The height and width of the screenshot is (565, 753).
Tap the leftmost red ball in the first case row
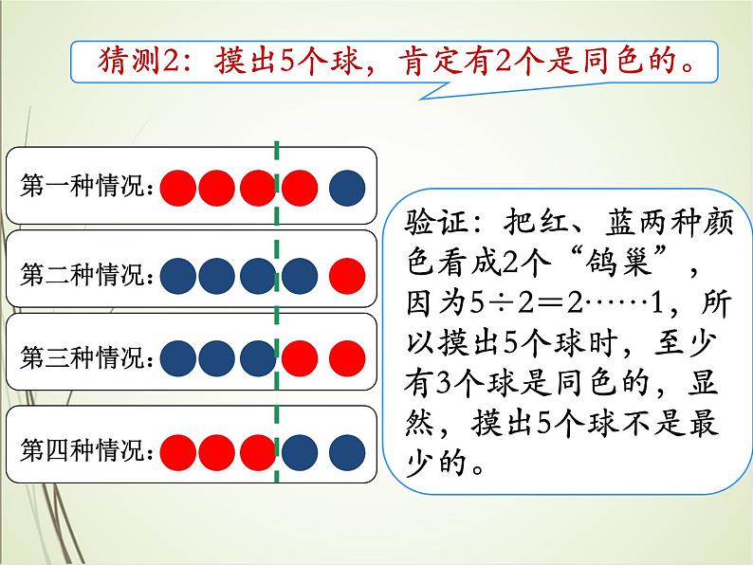pyautogui.click(x=177, y=188)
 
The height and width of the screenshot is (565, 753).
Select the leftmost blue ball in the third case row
pyautogui.click(x=177, y=359)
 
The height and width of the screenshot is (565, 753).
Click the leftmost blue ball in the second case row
pyautogui.click(x=177, y=275)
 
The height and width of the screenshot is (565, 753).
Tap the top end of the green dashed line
pyautogui.click(x=276, y=144)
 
